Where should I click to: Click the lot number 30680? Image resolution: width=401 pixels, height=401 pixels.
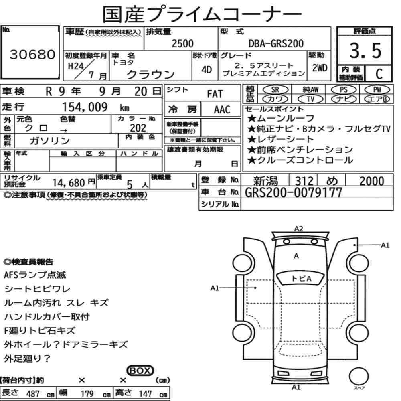[x=32, y=54]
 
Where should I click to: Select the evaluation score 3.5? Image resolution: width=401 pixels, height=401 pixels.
[x=365, y=50]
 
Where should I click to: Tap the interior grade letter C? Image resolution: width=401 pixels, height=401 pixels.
[x=379, y=74]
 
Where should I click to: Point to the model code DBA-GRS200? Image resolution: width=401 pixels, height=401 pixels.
[x=276, y=43]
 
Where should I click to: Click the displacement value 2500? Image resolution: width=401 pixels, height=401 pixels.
[x=182, y=43]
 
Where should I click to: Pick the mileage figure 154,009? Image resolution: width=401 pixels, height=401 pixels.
[x=85, y=107]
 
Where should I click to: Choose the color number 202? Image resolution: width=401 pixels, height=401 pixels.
[x=138, y=128]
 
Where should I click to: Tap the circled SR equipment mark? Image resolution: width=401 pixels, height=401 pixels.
[x=275, y=90]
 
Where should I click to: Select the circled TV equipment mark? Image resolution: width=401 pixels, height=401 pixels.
[x=310, y=99]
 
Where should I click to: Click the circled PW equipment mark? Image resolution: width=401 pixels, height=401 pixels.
[x=377, y=90]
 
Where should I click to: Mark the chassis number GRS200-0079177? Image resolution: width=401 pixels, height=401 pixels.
[x=294, y=192]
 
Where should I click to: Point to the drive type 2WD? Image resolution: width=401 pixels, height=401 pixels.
[x=320, y=68]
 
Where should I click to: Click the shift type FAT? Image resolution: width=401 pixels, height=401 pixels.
[x=215, y=94]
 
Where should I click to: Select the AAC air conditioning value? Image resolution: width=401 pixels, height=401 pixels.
[x=222, y=110]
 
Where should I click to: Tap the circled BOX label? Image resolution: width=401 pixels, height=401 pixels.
[x=140, y=371]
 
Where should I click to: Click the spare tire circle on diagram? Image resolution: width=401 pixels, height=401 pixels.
[x=359, y=377]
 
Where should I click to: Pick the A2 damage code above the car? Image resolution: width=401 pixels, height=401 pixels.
[x=298, y=229]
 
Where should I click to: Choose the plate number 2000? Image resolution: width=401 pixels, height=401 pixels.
[x=372, y=181]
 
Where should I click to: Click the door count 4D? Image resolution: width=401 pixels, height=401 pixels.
[x=207, y=70]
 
